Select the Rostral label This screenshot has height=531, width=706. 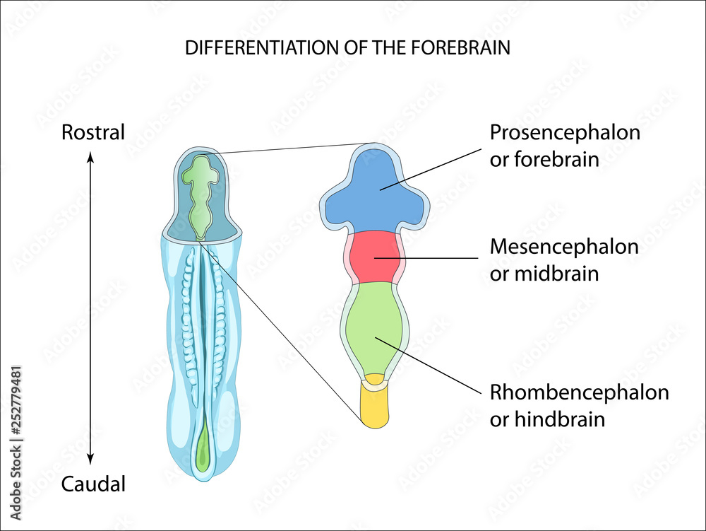(x=93, y=132)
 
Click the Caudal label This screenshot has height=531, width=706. (x=93, y=484)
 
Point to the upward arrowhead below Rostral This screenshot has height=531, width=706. (x=90, y=158)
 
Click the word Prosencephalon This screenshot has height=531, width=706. (x=565, y=132)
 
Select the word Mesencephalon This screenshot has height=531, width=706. (x=564, y=247)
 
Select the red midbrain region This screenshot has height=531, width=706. (x=375, y=256)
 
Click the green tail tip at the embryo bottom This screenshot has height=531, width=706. (x=203, y=453)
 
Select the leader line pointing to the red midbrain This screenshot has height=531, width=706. (x=438, y=258)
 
